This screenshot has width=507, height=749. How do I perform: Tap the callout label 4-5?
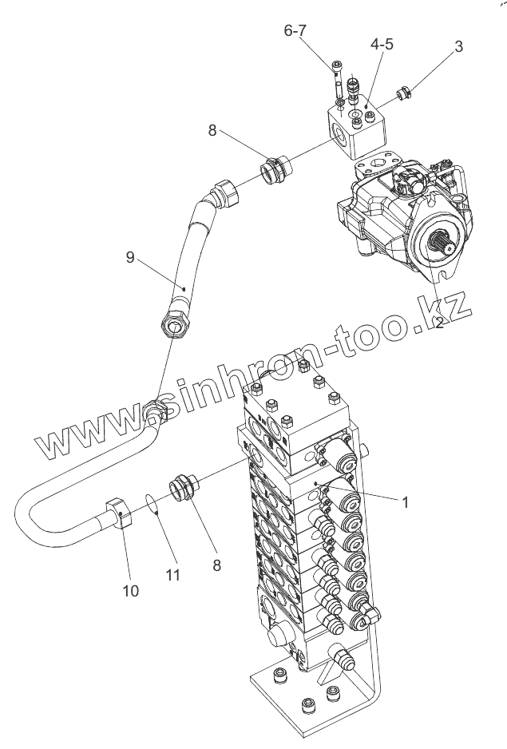coord(381,45)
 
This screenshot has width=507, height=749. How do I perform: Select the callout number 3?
coord(458,46)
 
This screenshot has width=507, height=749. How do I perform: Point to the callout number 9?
coord(129,257)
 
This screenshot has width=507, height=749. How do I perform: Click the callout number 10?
coord(130,590)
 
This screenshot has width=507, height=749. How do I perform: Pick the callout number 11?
coord(172,574)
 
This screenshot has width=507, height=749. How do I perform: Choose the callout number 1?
coord(405,502)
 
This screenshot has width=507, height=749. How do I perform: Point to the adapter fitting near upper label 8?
coord(275,170)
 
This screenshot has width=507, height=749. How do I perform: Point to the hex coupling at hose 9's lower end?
coord(173,323)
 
